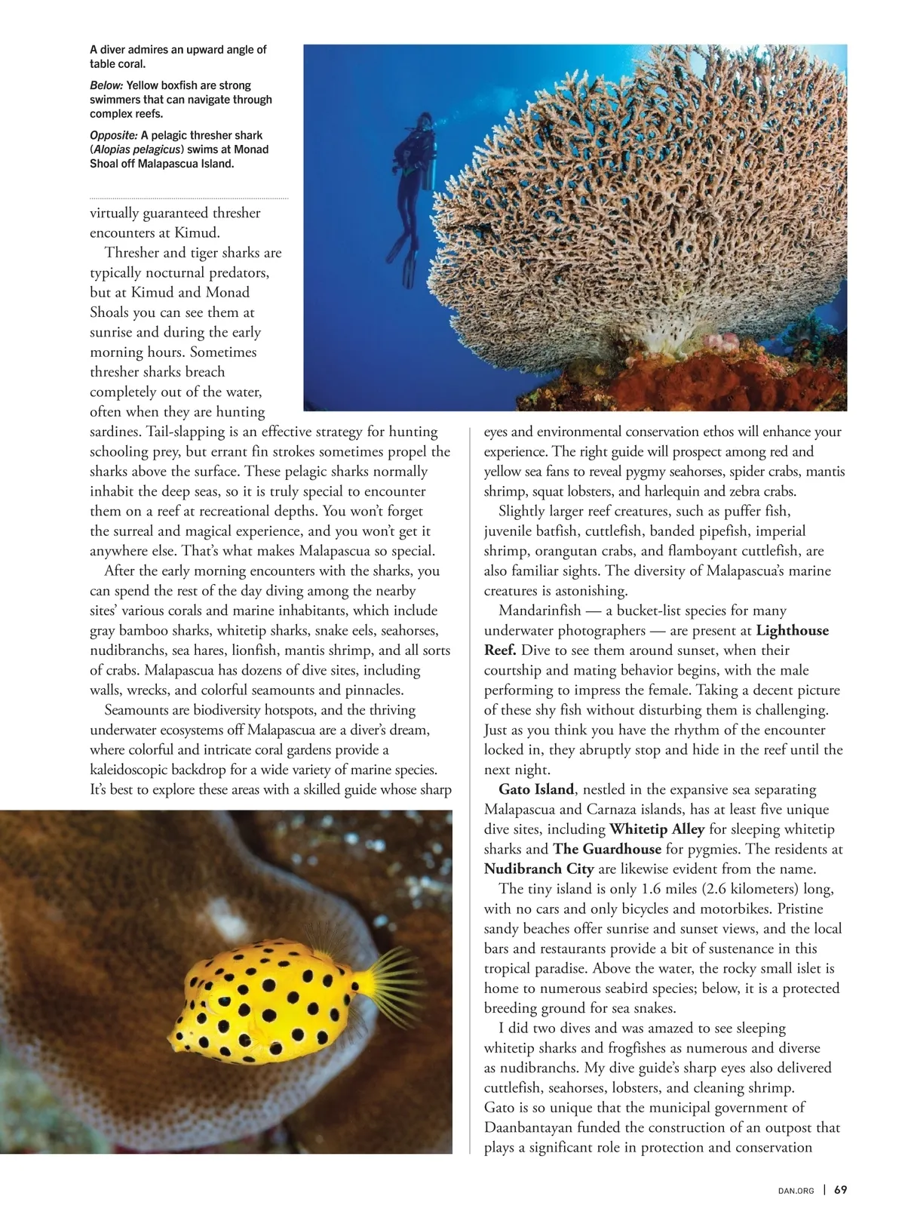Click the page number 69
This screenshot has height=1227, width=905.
point(841,1190)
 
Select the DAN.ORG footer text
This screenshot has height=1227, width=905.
point(796,1191)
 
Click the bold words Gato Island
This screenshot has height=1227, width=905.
point(536,789)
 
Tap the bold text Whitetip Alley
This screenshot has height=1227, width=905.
point(657,829)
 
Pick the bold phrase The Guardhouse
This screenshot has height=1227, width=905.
point(607,849)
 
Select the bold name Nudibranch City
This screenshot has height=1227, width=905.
point(538,869)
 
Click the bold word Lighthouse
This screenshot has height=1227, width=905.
point(792,630)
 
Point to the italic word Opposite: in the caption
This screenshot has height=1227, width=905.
point(113,135)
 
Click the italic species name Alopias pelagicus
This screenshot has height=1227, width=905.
point(137,149)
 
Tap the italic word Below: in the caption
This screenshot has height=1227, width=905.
point(106,85)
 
